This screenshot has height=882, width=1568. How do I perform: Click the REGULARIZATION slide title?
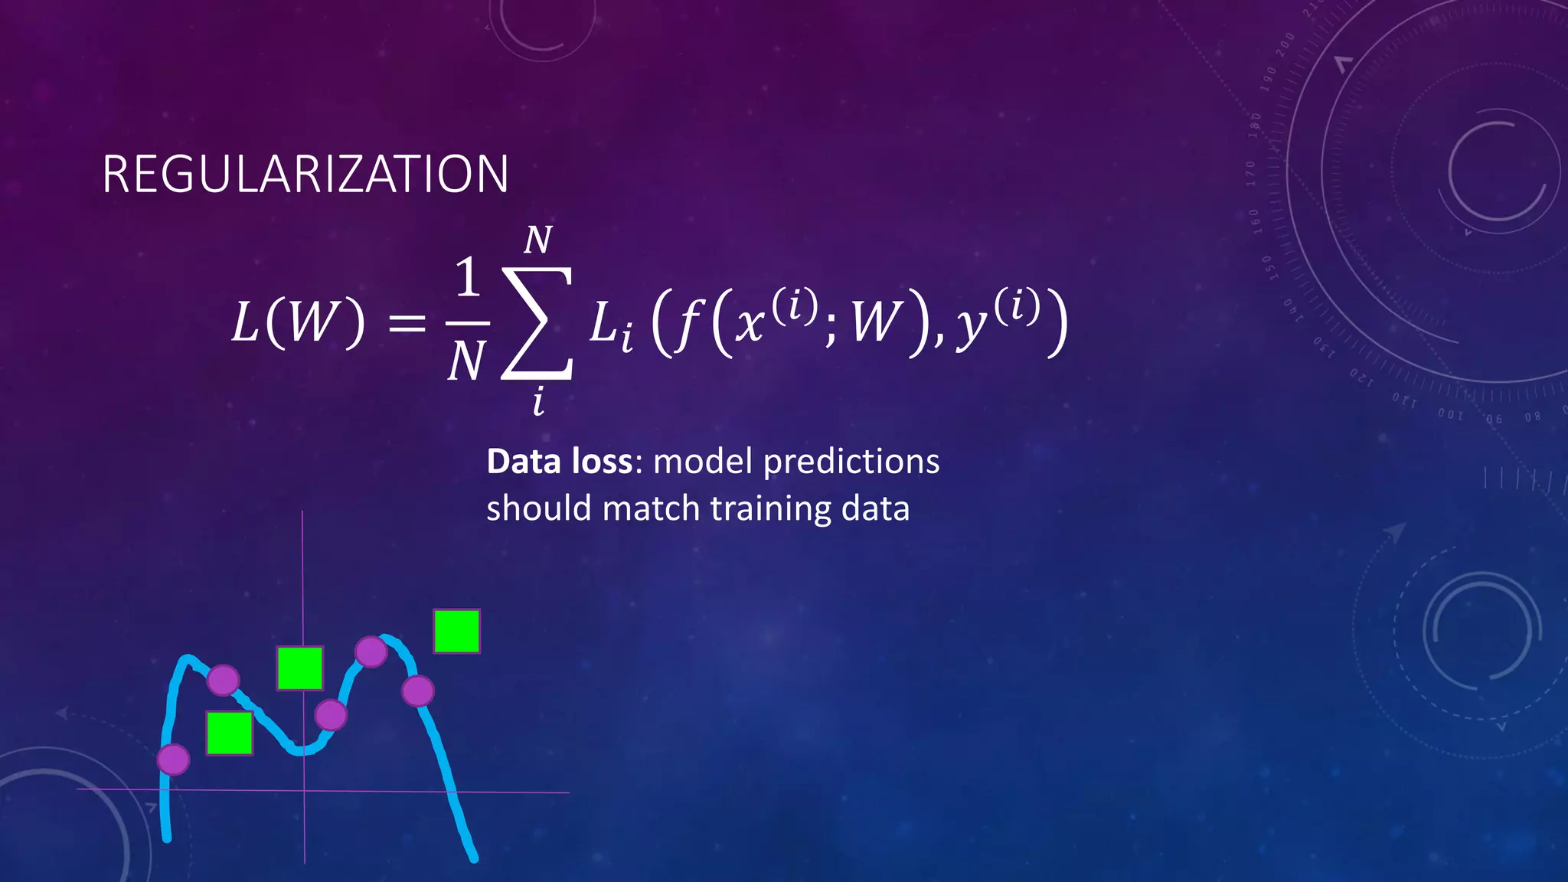pos(305,175)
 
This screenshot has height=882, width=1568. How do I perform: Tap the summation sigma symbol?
pos(537,323)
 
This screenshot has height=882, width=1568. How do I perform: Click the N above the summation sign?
pos(537,240)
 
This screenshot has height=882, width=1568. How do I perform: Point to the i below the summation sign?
pos(538,401)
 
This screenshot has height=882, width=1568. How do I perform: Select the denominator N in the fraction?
pos(466,361)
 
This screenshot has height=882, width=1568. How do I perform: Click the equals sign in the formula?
pos(407,323)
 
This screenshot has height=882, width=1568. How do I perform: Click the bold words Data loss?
pos(560,462)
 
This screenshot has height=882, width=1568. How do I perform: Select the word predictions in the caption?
pos(851,462)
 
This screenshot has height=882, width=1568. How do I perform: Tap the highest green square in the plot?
pos(456,631)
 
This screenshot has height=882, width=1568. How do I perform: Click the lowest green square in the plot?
pos(230,733)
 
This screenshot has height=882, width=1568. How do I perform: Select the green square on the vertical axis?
pos(300,668)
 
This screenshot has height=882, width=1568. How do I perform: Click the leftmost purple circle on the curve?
pos(173,759)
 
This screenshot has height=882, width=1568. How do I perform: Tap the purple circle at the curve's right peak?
pos(371,652)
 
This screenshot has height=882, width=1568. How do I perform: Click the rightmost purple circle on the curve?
pos(418,691)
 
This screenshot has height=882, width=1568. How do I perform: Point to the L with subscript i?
pos(611,325)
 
